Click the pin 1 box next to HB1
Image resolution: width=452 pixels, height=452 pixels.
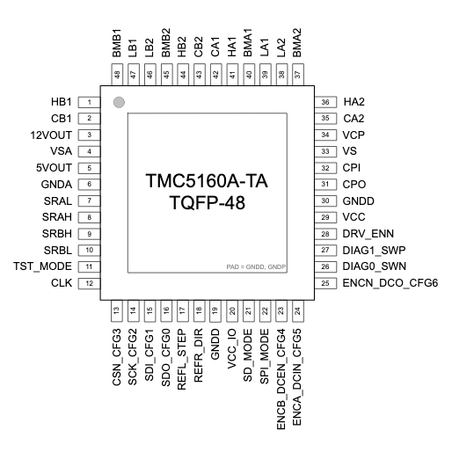pyautogui.click(x=89, y=102)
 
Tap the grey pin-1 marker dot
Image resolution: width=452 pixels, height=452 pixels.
pyautogui.click(x=119, y=103)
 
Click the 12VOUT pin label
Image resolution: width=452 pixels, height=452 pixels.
pyautogui.click(x=51, y=135)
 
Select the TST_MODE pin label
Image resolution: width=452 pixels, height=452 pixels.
pyautogui.click(x=42, y=266)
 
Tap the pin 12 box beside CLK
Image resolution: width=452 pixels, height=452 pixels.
pyautogui.click(x=89, y=282)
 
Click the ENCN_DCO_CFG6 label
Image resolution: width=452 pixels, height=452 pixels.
pyautogui.click(x=390, y=282)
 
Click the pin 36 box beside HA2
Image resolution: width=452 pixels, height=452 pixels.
pyautogui.click(x=324, y=102)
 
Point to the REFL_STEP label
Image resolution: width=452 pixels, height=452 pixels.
pyautogui.click(x=182, y=355)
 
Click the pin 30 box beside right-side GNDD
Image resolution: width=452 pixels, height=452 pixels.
pyautogui.click(x=324, y=200)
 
